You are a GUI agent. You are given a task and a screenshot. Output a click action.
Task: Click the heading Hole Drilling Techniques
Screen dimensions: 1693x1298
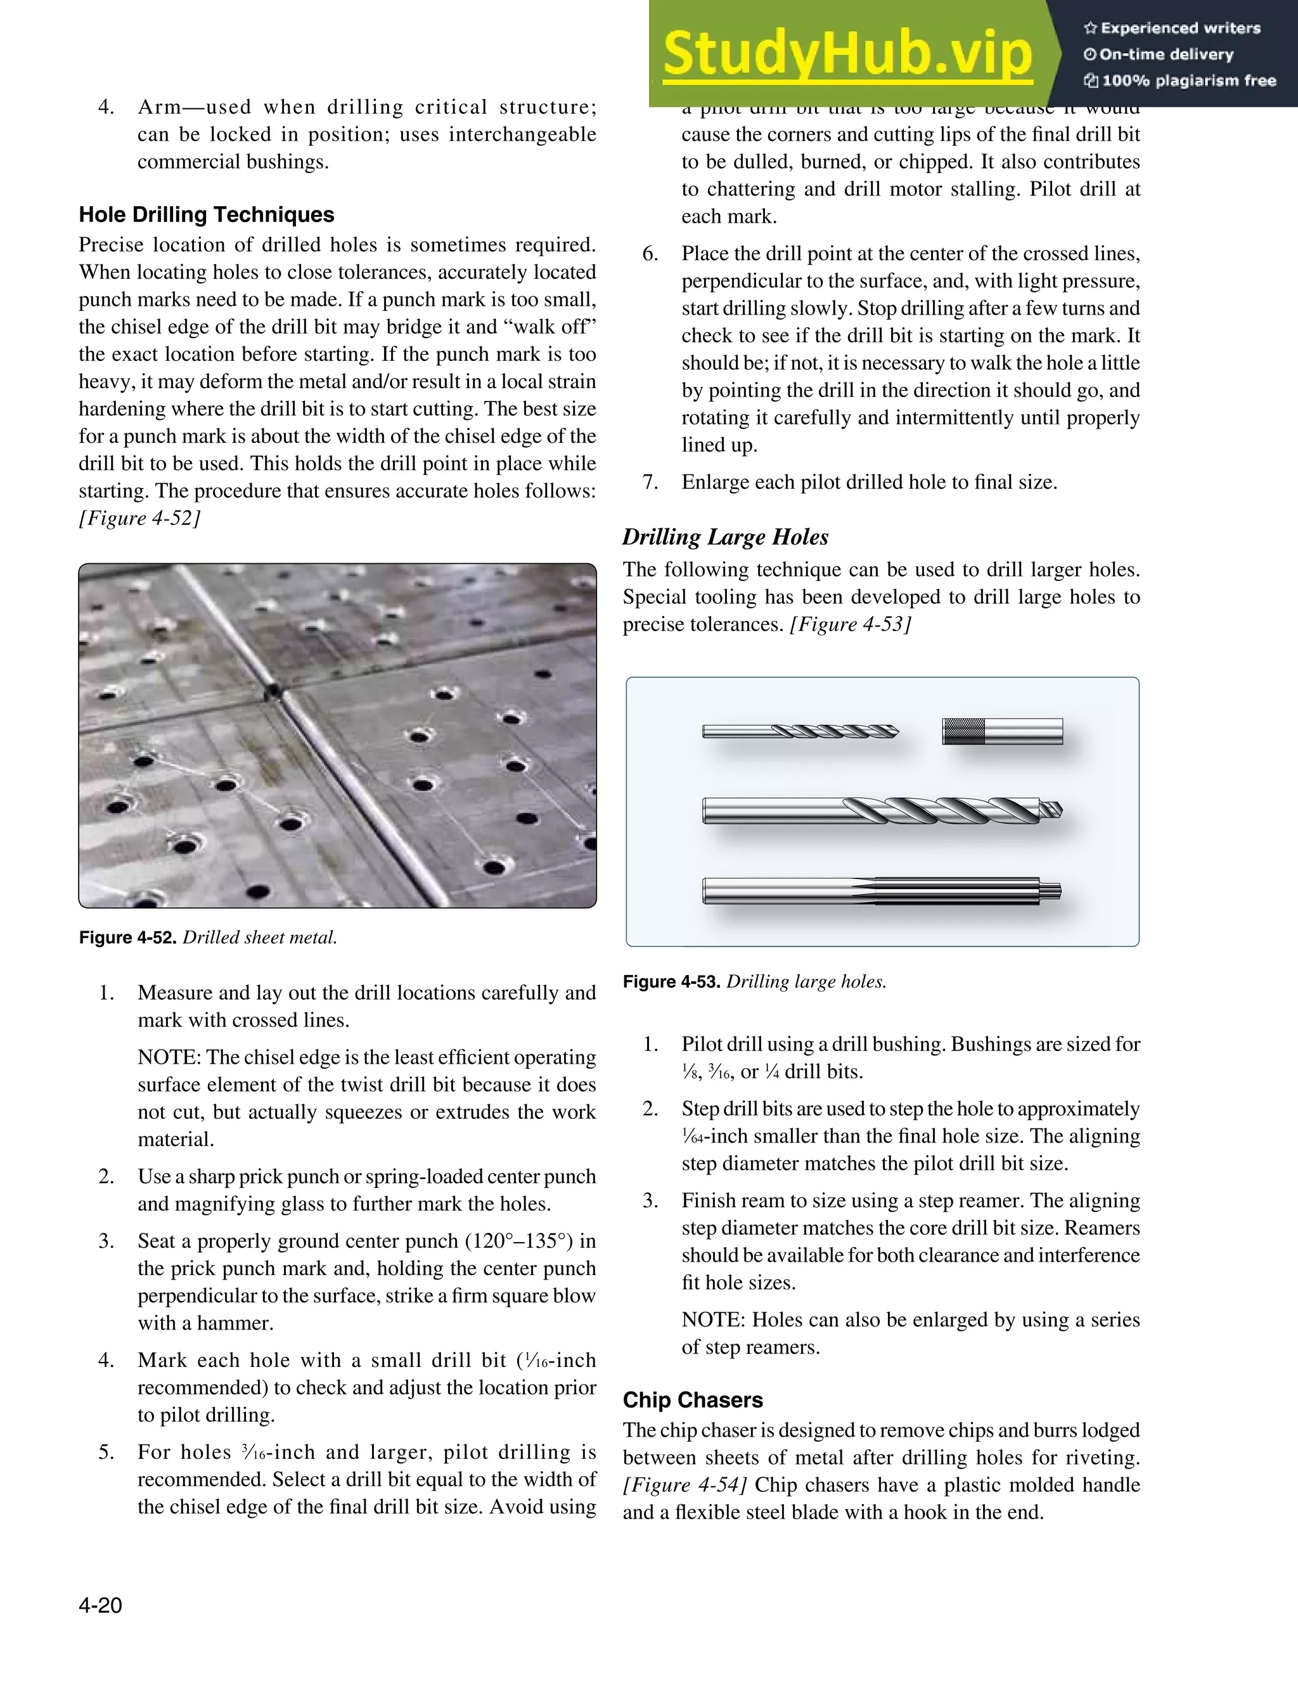206,214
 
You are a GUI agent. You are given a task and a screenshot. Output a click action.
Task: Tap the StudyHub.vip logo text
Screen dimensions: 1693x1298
847,53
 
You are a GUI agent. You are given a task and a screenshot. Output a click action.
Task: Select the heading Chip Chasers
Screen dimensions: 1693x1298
692,1400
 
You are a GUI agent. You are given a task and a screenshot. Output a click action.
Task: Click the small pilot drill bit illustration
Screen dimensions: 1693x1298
800,731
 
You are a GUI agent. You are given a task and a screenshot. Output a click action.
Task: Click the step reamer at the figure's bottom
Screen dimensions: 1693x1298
881,891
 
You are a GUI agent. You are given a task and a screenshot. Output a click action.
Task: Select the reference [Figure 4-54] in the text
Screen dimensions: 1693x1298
684,1485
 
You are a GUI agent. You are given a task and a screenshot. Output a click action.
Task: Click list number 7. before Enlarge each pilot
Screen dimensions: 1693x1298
650,482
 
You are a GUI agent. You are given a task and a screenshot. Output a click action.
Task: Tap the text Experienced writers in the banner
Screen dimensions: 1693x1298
1179,29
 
